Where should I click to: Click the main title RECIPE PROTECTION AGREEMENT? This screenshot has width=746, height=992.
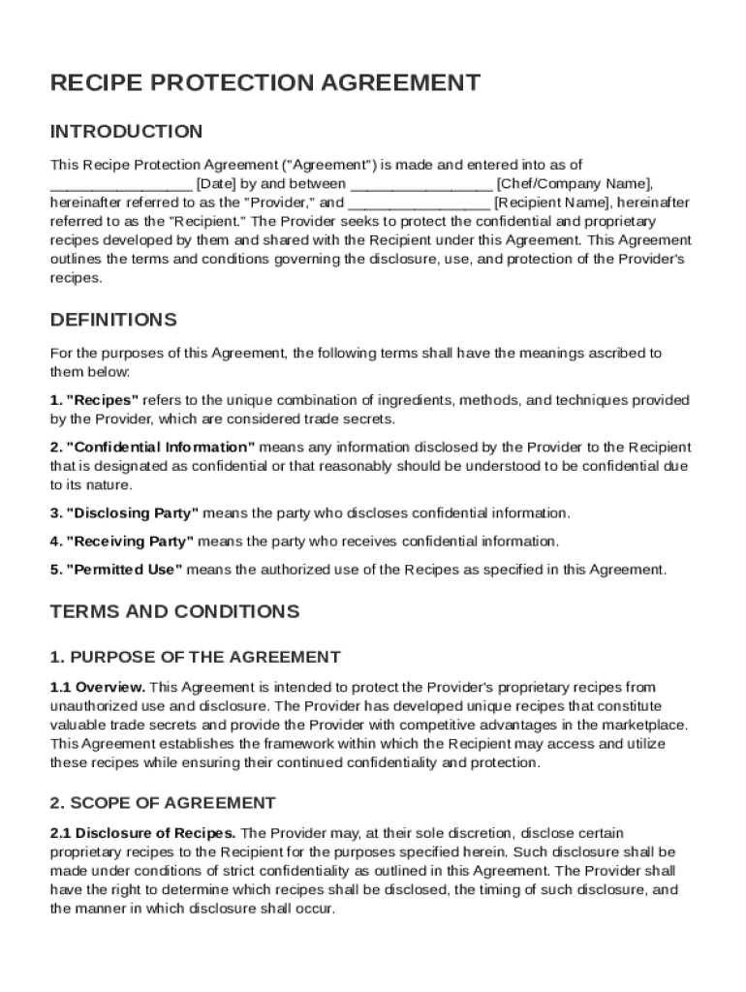pyautogui.click(x=264, y=83)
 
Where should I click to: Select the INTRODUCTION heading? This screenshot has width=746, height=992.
pyautogui.click(x=126, y=132)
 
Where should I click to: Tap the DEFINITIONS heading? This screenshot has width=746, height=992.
pyautogui.click(x=113, y=320)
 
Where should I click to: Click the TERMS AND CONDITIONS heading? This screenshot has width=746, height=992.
pyautogui.click(x=174, y=612)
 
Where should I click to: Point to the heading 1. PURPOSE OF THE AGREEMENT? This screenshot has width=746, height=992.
pyautogui.click(x=195, y=658)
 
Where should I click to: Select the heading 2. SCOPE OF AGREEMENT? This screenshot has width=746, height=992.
pyautogui.click(x=163, y=803)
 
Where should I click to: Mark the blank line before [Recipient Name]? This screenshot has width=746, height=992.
pyautogui.click(x=419, y=203)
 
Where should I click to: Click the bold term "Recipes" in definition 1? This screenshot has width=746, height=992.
pyautogui.click(x=102, y=400)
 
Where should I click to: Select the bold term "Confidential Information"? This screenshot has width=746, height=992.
pyautogui.click(x=160, y=448)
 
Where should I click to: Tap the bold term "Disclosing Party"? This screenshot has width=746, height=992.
pyautogui.click(x=132, y=513)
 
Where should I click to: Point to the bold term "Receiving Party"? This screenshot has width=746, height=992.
pyautogui.click(x=130, y=542)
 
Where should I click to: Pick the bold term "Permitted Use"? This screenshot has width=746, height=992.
pyautogui.click(x=123, y=570)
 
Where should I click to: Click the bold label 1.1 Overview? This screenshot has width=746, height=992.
pyautogui.click(x=98, y=687)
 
